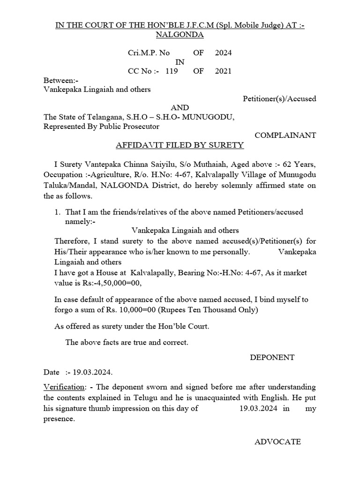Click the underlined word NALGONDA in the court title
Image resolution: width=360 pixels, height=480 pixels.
[x=180, y=35]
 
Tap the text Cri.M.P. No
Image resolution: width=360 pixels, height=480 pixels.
[x=149, y=53]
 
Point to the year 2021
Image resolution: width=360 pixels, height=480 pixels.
[x=223, y=71]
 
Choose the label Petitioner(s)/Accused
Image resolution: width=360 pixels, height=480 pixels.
[x=279, y=98]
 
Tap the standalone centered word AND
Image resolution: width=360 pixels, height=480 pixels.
[x=180, y=108]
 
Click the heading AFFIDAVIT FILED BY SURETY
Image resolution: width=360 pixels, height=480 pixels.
[x=180, y=145]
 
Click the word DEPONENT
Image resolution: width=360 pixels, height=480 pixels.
[x=272, y=357]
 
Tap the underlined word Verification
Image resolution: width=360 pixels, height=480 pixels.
[x=63, y=387]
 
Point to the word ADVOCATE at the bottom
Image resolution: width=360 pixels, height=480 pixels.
[x=277, y=442]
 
